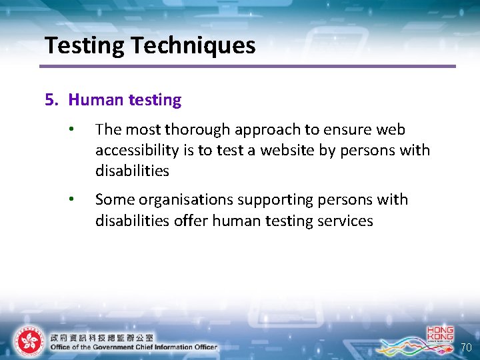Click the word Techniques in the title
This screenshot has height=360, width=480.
click(193, 45)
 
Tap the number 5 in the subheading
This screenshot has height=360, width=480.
click(49, 100)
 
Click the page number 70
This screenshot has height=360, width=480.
click(465, 347)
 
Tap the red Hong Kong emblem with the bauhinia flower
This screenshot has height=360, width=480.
click(28, 341)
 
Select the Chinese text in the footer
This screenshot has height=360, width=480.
click(101, 337)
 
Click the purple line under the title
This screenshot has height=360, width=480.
click(247, 66)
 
